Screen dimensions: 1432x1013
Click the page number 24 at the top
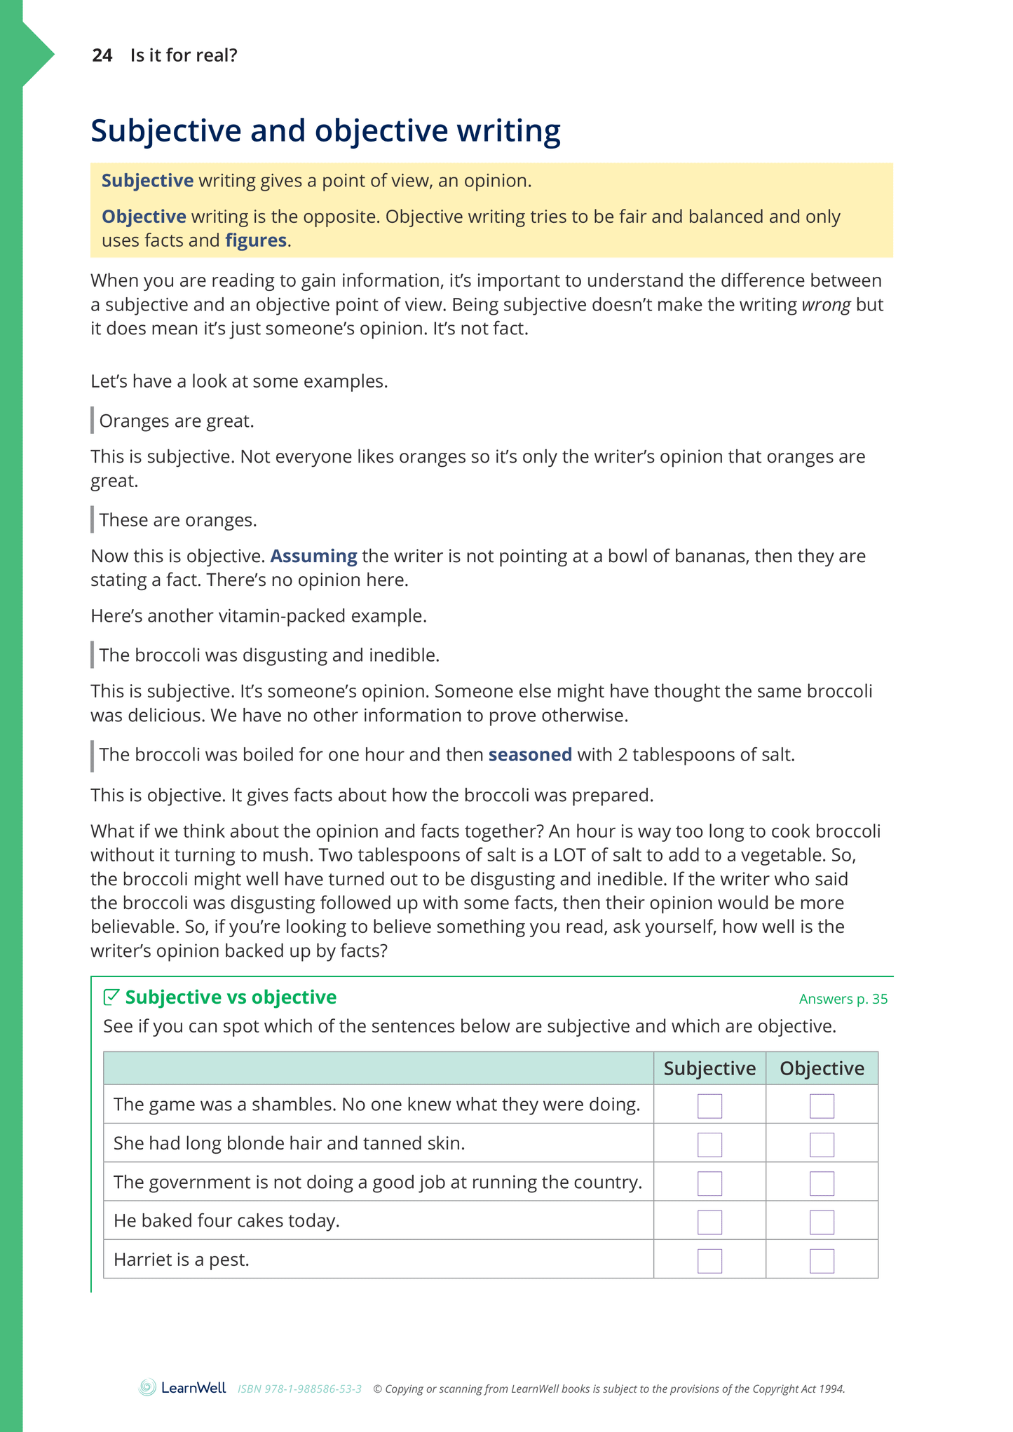click(x=102, y=55)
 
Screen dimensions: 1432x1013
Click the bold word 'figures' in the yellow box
click(x=256, y=240)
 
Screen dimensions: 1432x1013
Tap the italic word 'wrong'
click(x=826, y=305)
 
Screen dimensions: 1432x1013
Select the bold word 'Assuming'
click(x=313, y=556)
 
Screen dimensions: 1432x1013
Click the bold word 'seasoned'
click(x=530, y=755)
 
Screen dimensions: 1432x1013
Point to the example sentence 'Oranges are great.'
click(x=177, y=421)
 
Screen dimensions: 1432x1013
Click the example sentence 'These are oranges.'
click(x=178, y=520)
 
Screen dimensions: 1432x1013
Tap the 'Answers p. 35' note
click(x=843, y=999)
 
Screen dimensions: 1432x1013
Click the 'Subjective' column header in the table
click(x=709, y=1068)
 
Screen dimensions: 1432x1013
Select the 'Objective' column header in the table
click(x=822, y=1068)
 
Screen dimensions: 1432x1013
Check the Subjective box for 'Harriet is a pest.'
click(x=709, y=1261)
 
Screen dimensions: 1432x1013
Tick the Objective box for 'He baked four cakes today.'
click(x=822, y=1222)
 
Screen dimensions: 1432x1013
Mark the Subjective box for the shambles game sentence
click(x=709, y=1106)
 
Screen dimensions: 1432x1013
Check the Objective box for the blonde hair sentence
click(x=822, y=1145)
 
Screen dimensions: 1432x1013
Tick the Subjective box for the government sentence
click(x=709, y=1183)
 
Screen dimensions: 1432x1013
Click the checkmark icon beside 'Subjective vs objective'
click(x=111, y=997)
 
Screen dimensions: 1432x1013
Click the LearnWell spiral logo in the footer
click(x=147, y=1387)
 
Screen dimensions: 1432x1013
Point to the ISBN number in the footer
click(x=299, y=1389)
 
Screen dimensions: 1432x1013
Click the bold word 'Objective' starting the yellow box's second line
click(x=144, y=217)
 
